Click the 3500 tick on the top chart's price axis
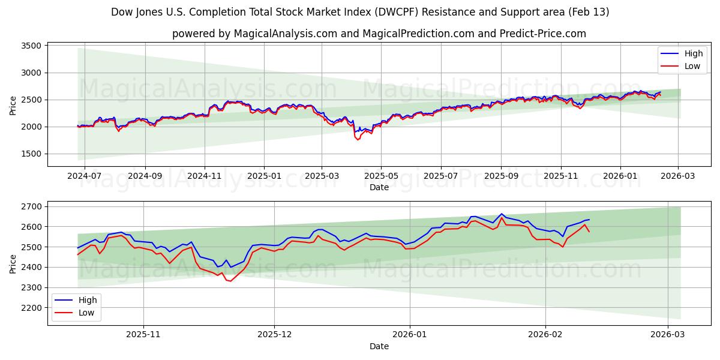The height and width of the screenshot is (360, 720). click(x=30, y=46)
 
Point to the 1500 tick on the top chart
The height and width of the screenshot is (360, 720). click(x=30, y=154)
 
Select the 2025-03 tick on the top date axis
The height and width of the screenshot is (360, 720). click(x=322, y=176)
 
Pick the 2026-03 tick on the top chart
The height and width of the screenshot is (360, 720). click(x=679, y=176)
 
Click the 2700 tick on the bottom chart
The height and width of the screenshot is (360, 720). click(x=30, y=206)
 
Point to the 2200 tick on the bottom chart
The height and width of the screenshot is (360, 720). click(x=30, y=308)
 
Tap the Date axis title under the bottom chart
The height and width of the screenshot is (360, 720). click(x=379, y=346)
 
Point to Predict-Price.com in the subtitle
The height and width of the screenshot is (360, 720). click(x=543, y=34)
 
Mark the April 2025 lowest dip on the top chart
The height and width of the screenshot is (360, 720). click(x=358, y=140)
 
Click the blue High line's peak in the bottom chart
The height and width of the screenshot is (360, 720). click(x=502, y=214)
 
